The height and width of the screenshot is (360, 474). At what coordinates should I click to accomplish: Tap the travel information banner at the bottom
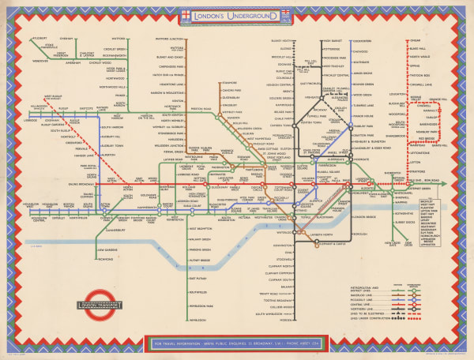click(x=237, y=344)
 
